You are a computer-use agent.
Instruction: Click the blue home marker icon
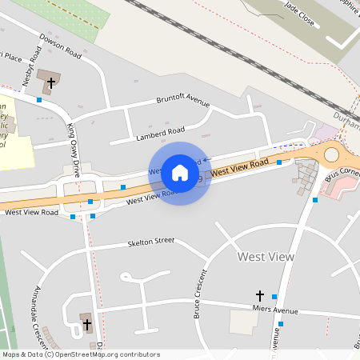(x=180, y=172)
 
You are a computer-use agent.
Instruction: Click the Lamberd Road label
(x=160, y=130)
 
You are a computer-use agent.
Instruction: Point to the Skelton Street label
(x=150, y=240)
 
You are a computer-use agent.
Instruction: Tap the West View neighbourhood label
(x=266, y=257)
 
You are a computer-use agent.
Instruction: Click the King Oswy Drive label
(x=74, y=150)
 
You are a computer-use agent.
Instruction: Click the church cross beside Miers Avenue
(x=259, y=296)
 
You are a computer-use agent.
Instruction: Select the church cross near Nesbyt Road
(x=51, y=81)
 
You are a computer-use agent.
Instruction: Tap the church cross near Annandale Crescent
(x=86, y=325)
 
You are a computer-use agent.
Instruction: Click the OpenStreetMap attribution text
(x=80, y=354)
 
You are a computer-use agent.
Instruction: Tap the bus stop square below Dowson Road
(x=39, y=100)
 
